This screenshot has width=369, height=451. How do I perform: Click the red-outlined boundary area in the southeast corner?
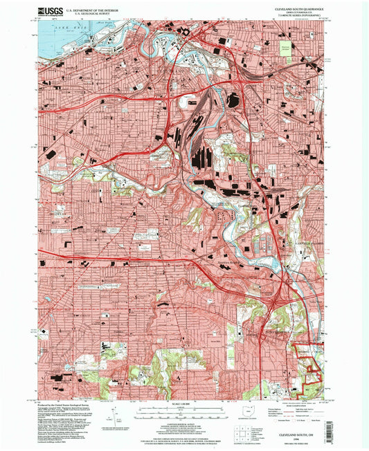pyautogui.click(x=307, y=360)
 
